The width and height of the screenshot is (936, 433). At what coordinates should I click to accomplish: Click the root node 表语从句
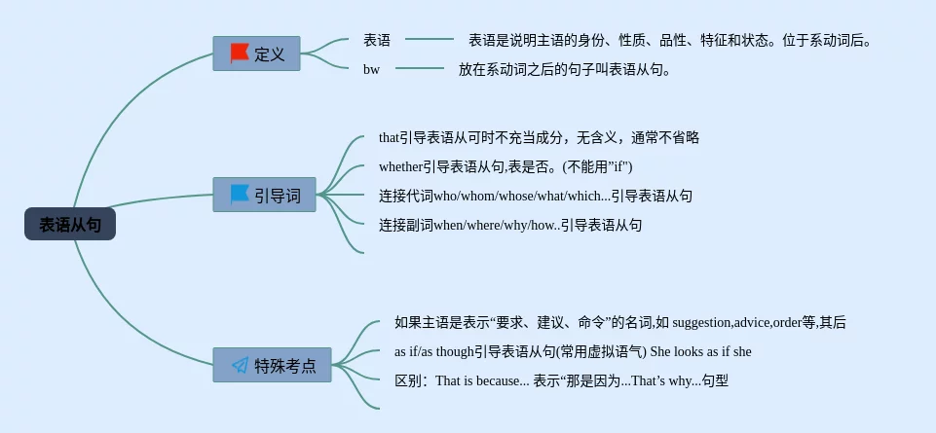70,224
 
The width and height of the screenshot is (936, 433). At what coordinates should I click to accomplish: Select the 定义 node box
257,54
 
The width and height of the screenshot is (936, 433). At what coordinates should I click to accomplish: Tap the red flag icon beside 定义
240,54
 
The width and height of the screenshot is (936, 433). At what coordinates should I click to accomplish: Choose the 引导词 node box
265,195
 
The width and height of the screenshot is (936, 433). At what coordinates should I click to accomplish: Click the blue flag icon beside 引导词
240,195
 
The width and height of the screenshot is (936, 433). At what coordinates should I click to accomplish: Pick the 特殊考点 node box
273,366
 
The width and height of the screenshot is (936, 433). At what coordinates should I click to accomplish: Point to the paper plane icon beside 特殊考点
240,366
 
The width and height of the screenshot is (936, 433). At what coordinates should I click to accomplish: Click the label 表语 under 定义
377,40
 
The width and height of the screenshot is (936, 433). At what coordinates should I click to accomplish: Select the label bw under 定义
371,69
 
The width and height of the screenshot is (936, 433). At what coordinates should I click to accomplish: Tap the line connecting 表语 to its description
429,40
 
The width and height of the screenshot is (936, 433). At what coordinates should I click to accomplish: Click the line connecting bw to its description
420,68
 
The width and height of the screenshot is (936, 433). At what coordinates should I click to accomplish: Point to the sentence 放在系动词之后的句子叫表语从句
565,69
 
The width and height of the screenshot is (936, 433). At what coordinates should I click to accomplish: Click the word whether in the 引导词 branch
400,166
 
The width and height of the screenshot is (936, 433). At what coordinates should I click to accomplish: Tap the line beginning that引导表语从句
539,137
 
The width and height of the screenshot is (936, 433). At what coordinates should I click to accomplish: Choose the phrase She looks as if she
700,351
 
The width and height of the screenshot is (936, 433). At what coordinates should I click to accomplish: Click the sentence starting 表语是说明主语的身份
670,40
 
